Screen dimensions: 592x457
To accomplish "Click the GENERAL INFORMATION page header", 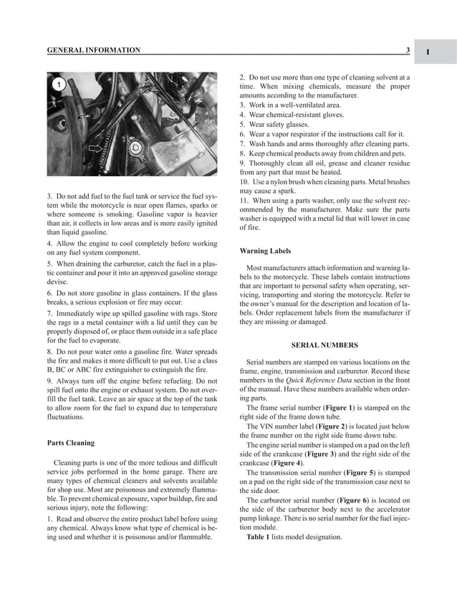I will click(x=93, y=50).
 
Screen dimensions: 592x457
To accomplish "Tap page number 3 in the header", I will click(x=407, y=50).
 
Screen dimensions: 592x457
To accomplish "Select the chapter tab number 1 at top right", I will click(x=427, y=52).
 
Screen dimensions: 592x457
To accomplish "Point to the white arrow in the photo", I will click(x=94, y=149).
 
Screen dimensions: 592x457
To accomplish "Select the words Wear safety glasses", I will click(x=281, y=124).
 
